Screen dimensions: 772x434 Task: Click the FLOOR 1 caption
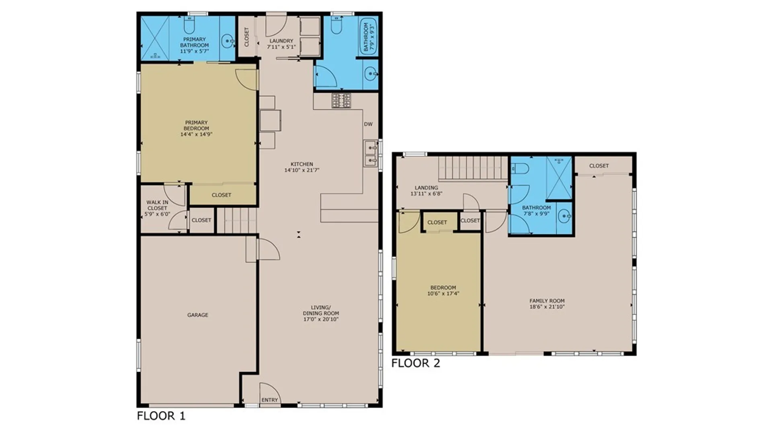coord(161,416)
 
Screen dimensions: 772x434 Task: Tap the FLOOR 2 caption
coord(416,363)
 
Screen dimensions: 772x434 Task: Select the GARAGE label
coord(198,315)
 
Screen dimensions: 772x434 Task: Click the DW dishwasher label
coord(368,124)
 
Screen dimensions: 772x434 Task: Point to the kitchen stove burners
coord(341,100)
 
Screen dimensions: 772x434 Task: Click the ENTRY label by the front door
coord(270,400)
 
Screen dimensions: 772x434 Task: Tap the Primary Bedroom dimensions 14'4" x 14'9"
coord(196,134)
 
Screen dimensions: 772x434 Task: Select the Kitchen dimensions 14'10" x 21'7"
coord(302,170)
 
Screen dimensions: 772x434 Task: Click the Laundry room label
coord(281,41)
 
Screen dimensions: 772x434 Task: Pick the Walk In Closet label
coord(157,205)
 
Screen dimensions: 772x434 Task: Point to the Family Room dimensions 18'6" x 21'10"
coord(547,307)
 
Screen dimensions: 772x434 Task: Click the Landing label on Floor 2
coord(427,188)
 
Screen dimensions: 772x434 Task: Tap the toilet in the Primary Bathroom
coord(189,25)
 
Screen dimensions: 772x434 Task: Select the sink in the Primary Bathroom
coord(228,41)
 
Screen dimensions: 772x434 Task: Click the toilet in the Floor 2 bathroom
coord(520,168)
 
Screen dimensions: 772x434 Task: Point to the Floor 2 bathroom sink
coord(565,217)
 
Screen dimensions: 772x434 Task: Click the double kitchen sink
coord(371,154)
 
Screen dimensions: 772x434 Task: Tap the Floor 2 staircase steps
coord(474,168)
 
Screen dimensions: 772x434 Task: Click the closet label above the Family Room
coord(599,166)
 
